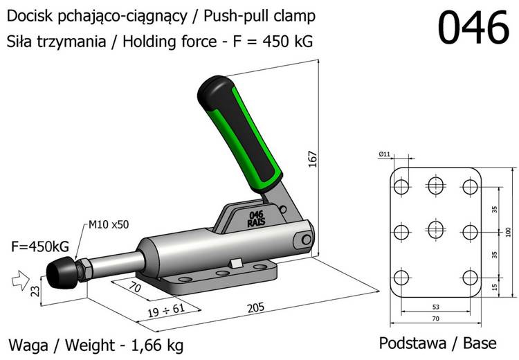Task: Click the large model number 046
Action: (474, 28)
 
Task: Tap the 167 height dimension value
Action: (313, 159)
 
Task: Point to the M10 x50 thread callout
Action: (109, 224)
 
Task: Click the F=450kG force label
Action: (39, 246)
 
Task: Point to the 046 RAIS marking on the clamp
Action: (255, 219)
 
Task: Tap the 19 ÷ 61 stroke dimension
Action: (165, 308)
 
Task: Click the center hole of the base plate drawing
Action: (436, 230)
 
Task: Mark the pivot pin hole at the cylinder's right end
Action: (306, 239)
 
